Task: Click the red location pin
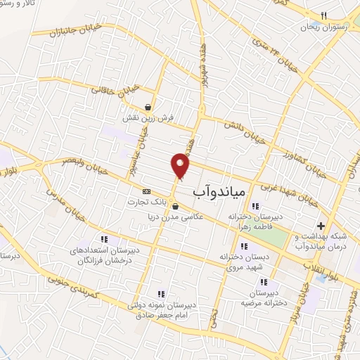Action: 181,165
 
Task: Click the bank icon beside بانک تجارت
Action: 146,191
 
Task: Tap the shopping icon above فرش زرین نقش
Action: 148,108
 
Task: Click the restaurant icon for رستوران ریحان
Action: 323,15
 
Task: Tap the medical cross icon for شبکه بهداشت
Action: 321,226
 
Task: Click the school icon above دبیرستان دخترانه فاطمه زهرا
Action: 255,206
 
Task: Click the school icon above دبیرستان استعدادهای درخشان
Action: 105,240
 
